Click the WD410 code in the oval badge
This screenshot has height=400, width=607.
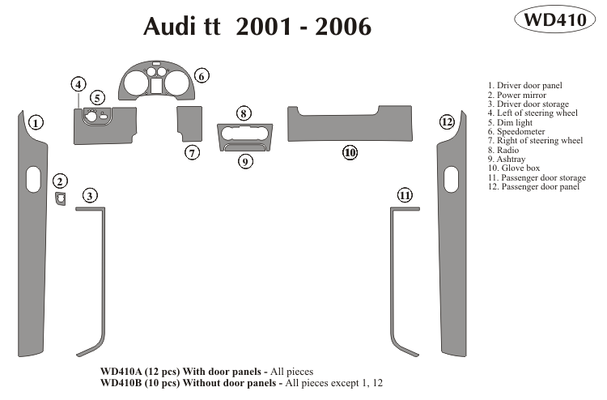coord(555,21)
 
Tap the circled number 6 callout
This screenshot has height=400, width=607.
coord(202,75)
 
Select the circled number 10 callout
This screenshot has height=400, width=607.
coord(350,151)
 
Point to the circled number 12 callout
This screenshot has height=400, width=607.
coord(447,122)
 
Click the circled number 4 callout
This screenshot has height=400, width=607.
coord(78,84)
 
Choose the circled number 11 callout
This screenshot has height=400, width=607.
coord(405,194)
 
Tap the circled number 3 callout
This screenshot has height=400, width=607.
coord(91,194)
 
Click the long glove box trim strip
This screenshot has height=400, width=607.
coord(350,123)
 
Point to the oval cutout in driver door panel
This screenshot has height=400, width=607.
coord(32,179)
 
